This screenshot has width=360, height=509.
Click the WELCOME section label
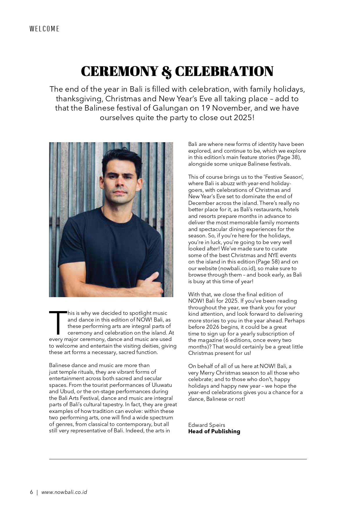tap(44, 29)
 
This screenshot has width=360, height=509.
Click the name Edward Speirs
tap(207, 425)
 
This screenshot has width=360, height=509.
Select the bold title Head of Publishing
tap(214, 432)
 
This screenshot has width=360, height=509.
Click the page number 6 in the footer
tap(31, 492)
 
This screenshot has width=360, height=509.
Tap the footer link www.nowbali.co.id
tap(64, 492)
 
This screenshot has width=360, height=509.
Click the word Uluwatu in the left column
tap(162, 385)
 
